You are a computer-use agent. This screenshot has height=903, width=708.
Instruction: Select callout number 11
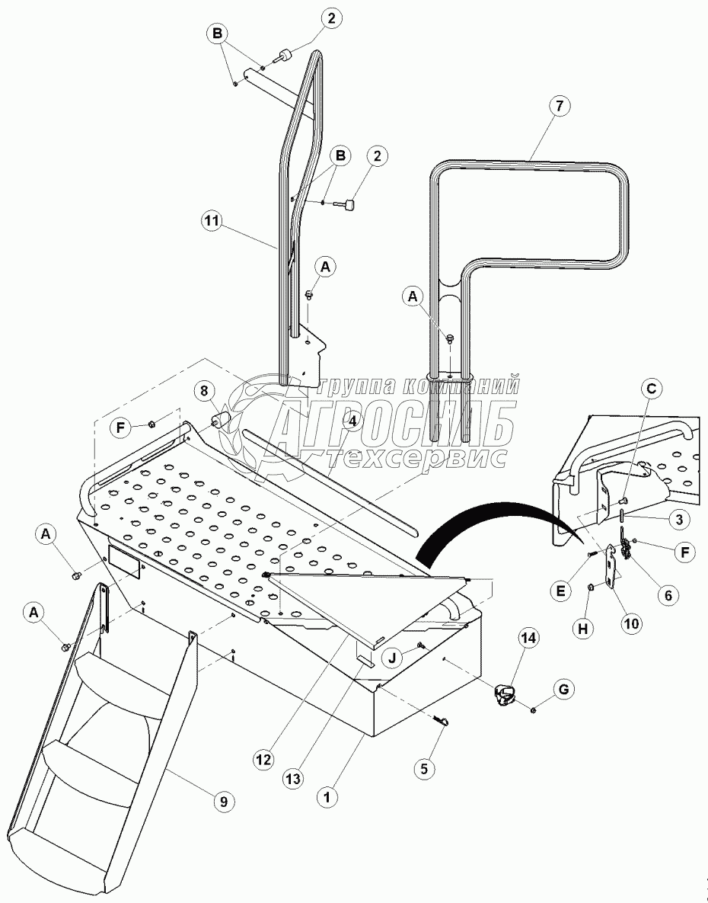point(211,221)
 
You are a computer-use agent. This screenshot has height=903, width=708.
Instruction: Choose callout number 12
point(263,760)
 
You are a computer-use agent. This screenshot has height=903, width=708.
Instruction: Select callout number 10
point(630,623)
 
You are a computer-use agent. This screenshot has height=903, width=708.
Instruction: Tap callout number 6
point(668,595)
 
